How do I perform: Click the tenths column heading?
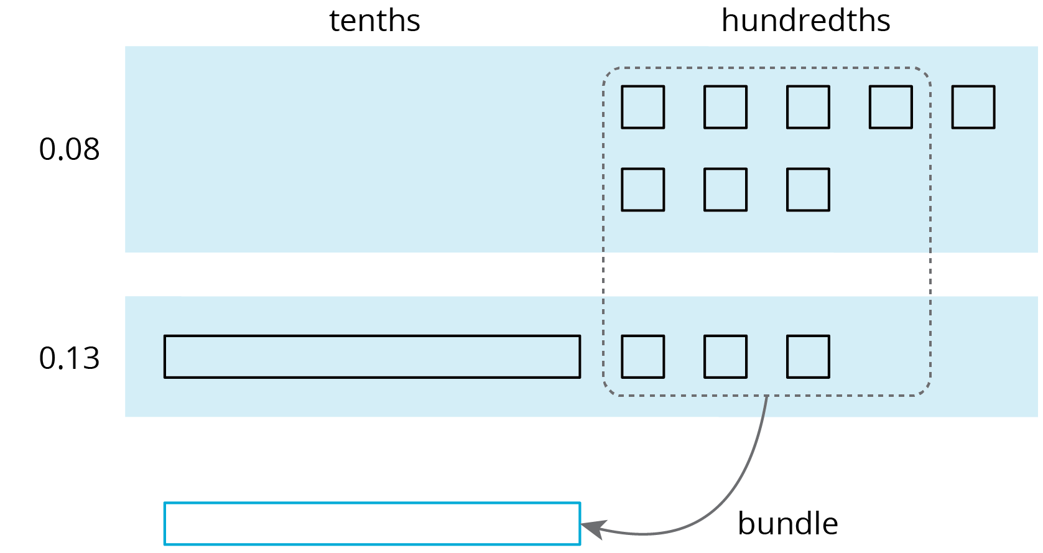[374, 21]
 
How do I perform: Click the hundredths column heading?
[805, 21]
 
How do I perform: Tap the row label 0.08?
[69, 150]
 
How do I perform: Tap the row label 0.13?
[69, 359]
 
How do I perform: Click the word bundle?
[787, 524]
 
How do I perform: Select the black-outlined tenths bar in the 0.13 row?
[372, 356]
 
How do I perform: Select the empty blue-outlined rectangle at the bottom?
[372, 524]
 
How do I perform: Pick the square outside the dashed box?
[973, 107]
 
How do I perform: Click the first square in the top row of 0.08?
[642, 107]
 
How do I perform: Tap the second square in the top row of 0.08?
[725, 107]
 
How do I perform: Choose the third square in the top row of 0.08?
[808, 107]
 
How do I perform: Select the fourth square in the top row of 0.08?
[890, 107]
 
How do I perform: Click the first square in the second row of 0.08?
[642, 190]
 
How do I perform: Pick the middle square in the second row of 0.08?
[725, 190]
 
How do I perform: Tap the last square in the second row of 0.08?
[808, 190]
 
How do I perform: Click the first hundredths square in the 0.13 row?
[642, 356]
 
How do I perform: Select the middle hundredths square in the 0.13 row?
[725, 356]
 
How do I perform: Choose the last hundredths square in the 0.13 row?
[808, 356]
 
